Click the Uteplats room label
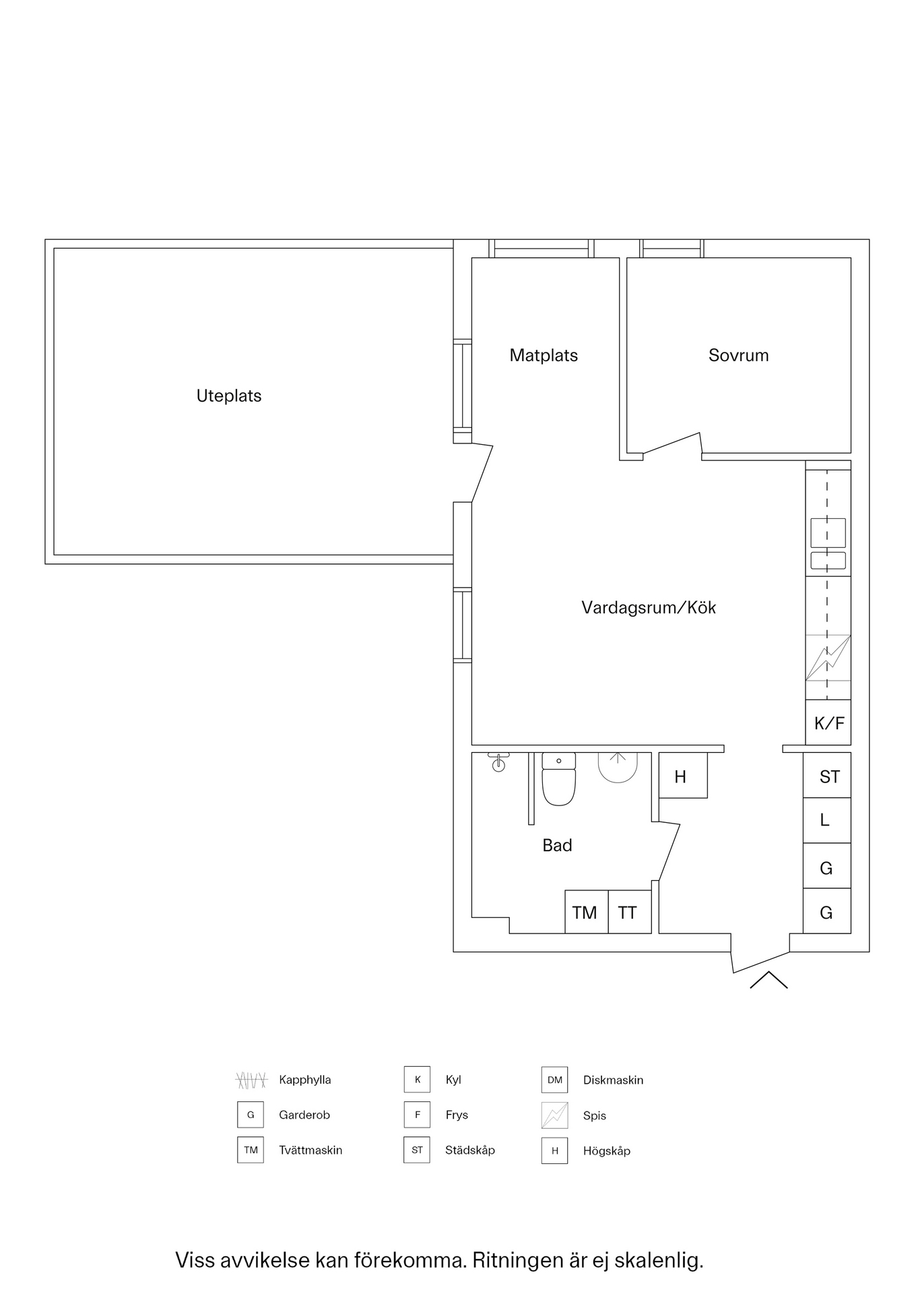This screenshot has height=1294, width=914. coord(229,396)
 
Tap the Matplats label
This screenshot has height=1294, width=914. coord(544,355)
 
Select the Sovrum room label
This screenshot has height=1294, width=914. coord(738,355)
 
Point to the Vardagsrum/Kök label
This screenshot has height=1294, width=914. coord(649,607)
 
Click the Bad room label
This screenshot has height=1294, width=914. coord(557,845)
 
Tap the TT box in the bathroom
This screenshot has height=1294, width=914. coord(630,912)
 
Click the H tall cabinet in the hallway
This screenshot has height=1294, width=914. coord(683,775)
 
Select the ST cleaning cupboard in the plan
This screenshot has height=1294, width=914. coord(827,775)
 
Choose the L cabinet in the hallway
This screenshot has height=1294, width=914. coord(827,820)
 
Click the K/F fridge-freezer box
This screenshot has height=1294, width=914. coord(828,722)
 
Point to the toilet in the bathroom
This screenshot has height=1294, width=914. coord(559,779)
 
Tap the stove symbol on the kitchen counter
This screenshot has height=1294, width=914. coord(828,658)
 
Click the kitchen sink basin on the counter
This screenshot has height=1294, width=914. coord(828,532)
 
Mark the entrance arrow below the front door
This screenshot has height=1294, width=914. coord(769,980)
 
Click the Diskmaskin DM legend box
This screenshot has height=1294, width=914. coord(554,1080)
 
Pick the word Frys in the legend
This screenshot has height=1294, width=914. coord(457,1115)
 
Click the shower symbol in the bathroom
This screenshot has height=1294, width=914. coord(618,768)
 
